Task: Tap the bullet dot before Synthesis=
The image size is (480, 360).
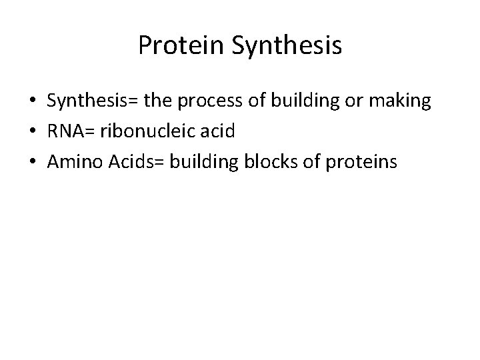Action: pos(33,102)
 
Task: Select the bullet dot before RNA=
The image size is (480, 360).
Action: pos(33,131)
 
